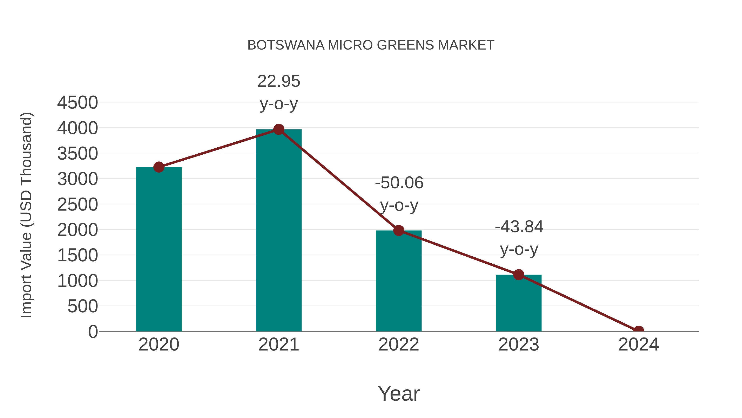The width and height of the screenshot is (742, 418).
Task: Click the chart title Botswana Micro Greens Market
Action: click(371, 45)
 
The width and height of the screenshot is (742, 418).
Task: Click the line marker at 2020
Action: click(159, 167)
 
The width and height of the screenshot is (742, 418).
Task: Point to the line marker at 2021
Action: click(278, 129)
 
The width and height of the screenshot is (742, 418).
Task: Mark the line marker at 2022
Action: click(399, 231)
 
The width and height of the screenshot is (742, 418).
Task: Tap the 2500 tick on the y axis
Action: click(77, 205)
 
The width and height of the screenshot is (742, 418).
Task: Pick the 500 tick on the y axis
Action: click(83, 306)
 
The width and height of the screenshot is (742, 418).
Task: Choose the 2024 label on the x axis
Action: click(639, 345)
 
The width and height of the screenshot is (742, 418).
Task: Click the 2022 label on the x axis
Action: click(399, 345)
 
